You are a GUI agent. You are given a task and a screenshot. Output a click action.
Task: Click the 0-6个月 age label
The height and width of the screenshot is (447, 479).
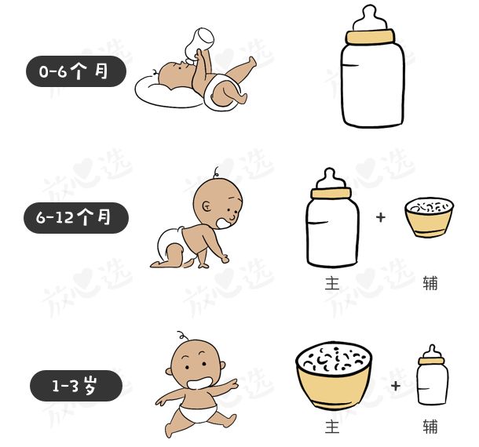point(75,72)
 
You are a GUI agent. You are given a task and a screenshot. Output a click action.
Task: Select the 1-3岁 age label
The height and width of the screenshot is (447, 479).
point(76,386)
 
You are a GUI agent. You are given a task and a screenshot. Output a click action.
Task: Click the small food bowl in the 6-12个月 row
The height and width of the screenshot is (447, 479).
point(429,217)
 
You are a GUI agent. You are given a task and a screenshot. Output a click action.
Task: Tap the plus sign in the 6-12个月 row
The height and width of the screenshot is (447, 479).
point(381,217)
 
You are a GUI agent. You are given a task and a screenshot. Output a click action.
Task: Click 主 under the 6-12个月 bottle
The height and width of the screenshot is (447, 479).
point(332,283)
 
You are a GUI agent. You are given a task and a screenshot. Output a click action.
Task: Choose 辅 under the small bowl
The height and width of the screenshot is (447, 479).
point(430,283)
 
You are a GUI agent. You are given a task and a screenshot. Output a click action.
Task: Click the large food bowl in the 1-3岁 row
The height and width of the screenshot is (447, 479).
point(334,377)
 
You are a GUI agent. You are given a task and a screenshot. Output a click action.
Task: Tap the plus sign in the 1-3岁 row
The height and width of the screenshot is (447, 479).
point(395,386)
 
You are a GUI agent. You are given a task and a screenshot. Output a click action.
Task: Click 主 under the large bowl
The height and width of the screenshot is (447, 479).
point(332,427)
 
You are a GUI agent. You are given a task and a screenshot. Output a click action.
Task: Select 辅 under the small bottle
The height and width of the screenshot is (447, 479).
point(430,427)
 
